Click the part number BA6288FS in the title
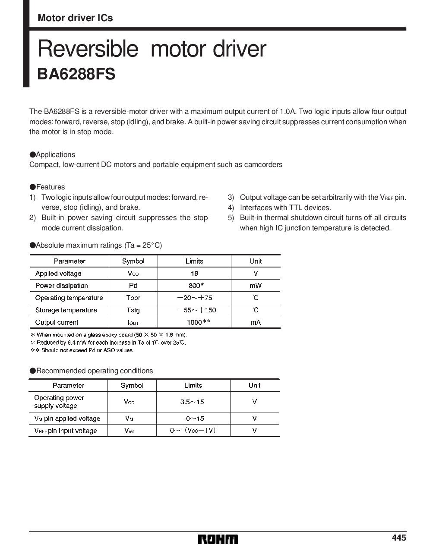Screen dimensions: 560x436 (76, 73)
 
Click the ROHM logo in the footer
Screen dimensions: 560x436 (218, 539)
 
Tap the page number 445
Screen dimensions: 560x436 (399, 538)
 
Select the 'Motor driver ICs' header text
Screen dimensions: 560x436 (75, 18)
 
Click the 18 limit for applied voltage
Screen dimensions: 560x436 (194, 273)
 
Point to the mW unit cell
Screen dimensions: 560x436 (256, 286)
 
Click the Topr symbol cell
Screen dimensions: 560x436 (133, 298)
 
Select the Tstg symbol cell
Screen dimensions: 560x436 (133, 310)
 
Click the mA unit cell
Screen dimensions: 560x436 (256, 322)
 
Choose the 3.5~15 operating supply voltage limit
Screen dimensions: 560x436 (192, 402)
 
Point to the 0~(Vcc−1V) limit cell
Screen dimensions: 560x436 (193, 430)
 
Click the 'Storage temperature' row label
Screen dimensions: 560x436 (66, 310)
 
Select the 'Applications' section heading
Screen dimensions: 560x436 (55, 154)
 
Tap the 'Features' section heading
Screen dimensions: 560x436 (50, 187)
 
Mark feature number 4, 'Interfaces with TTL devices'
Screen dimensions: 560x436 (285, 208)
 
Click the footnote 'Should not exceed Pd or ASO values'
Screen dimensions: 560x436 (87, 350)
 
